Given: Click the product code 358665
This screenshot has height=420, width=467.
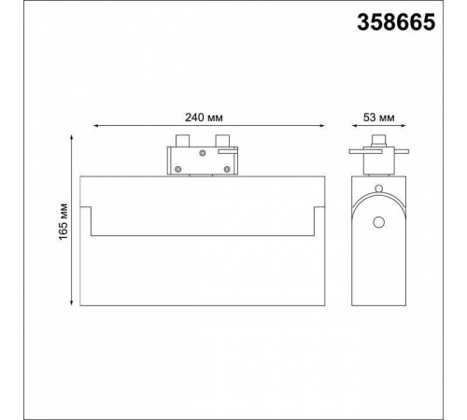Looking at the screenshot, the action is coord(396,22).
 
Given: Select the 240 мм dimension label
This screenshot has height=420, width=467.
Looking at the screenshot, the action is coord(204,118).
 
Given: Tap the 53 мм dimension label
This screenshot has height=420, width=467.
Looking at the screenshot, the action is coord(379,118).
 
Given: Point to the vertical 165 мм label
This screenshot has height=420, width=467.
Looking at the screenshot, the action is coord(64,221).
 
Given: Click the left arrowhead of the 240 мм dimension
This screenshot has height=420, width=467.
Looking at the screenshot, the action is coord(96,126).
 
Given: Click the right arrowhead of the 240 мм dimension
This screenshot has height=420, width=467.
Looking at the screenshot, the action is coord(322,126).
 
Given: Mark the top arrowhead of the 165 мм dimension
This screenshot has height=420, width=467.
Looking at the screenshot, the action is coord(72,138).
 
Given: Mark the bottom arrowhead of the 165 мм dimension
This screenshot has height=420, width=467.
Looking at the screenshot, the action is coord(72,302).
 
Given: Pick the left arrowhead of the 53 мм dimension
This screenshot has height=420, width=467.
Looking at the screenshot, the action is coord(355,126).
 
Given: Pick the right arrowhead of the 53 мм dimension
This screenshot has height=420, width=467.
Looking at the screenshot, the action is coord(403,126).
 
